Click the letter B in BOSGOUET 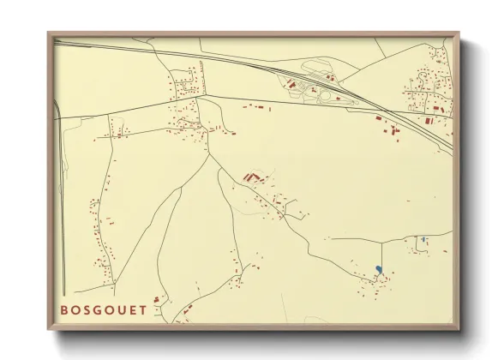point(64,309)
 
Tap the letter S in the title point(90,309)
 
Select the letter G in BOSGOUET point(102,309)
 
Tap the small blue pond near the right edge point(423,239)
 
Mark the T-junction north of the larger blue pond point(381,237)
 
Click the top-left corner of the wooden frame point(48,33)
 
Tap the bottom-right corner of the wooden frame point(459,330)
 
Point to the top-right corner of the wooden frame point(459,33)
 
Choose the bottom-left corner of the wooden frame point(48,330)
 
